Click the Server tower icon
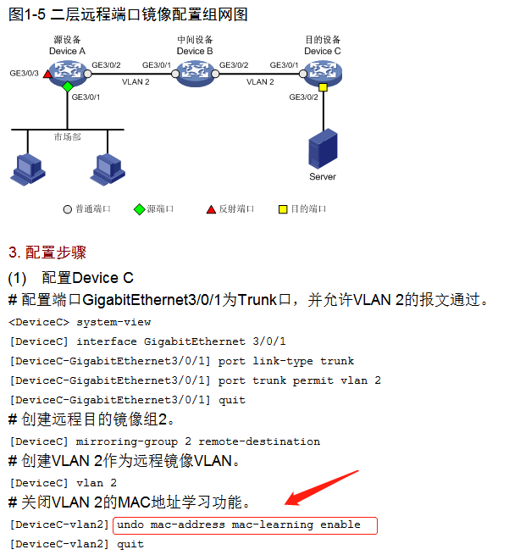[x=322, y=150]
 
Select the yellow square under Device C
[x=323, y=87]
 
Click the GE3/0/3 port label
[x=24, y=75]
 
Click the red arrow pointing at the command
[x=318, y=496]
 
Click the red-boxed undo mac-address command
[x=244, y=525]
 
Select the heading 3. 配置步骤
[x=47, y=253]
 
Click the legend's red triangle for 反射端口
[x=212, y=208]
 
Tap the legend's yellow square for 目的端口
[x=284, y=208]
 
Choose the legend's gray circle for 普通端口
[x=68, y=208]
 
